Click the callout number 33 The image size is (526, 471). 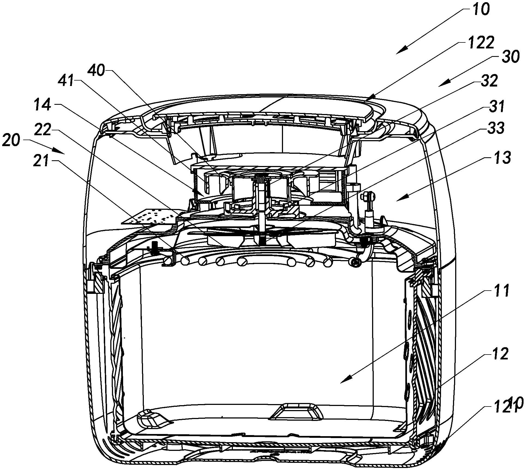coord(495,128)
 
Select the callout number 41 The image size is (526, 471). coord(67,81)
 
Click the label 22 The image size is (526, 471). coord(43,130)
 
